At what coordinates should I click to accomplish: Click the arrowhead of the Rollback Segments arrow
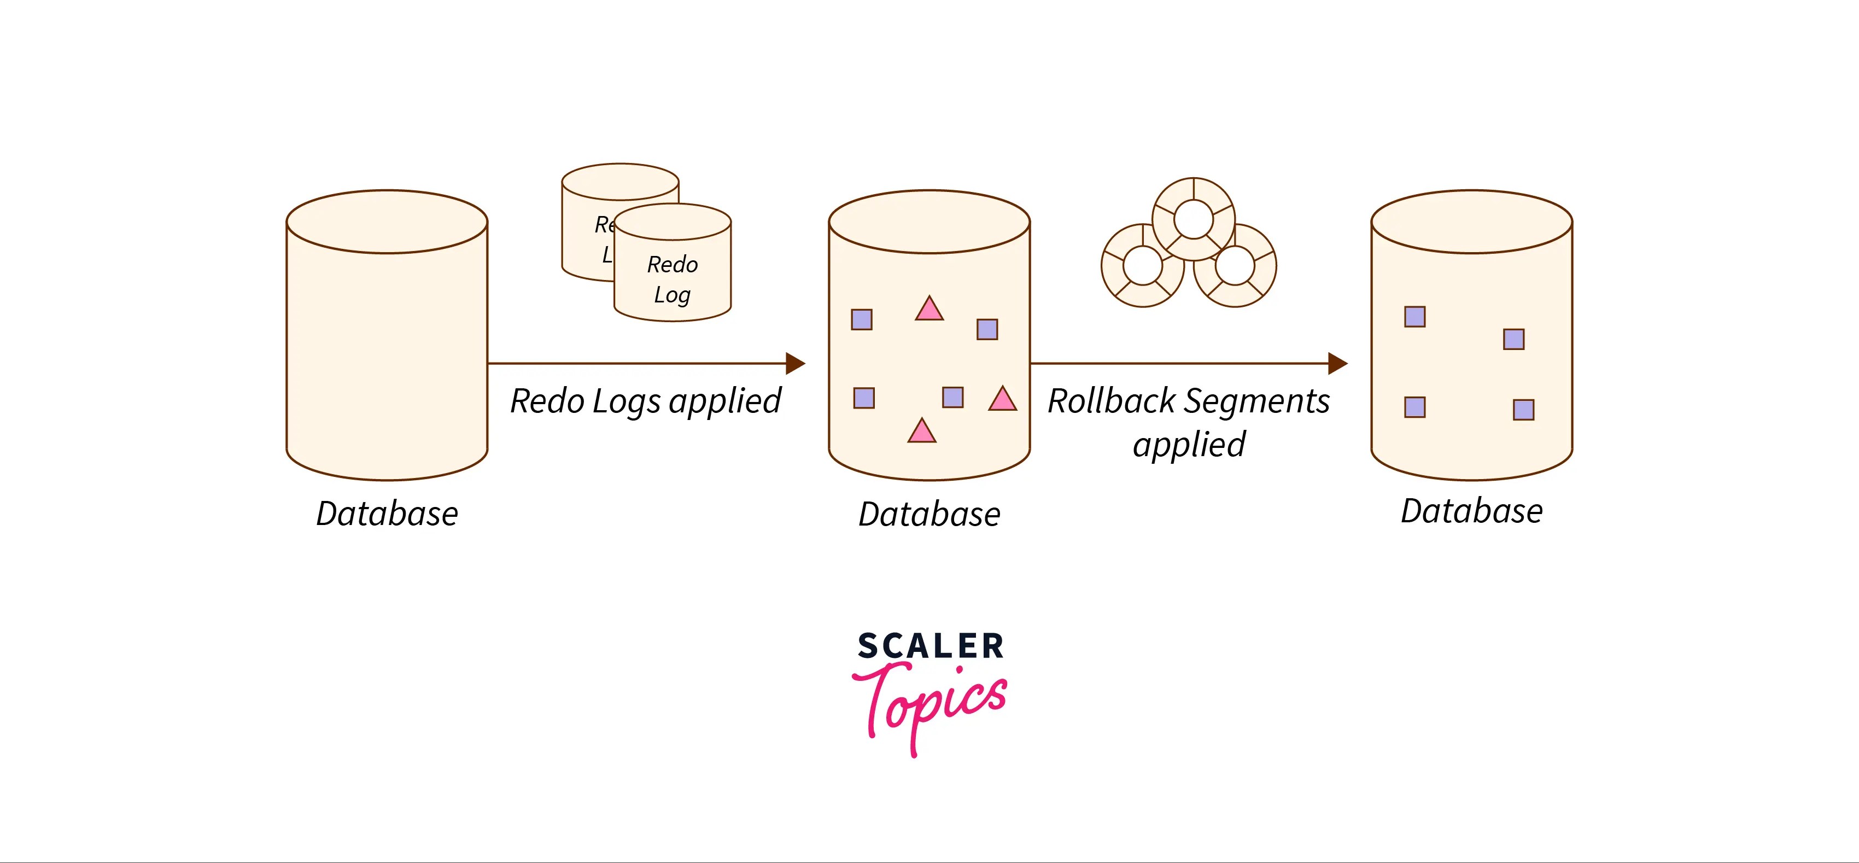pyautogui.click(x=1337, y=363)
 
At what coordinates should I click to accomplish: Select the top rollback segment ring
pyautogui.click(x=1194, y=219)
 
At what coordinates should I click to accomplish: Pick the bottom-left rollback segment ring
pyautogui.click(x=1142, y=266)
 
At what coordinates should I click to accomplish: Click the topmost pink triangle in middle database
pyautogui.click(x=929, y=310)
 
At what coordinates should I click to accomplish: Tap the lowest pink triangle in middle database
pyautogui.click(x=921, y=431)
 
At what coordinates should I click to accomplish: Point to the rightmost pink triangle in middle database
pyautogui.click(x=1002, y=399)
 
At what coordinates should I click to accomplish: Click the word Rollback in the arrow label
pyautogui.click(x=1112, y=401)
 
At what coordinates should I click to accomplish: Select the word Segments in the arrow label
pyautogui.click(x=1256, y=401)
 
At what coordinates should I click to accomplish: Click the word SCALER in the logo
pyautogui.click(x=930, y=646)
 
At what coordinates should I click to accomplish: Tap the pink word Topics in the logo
pyautogui.click(x=931, y=703)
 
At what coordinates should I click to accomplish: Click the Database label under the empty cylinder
pyautogui.click(x=387, y=514)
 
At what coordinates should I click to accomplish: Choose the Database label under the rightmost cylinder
pyautogui.click(x=1471, y=511)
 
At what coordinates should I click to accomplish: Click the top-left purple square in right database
pyautogui.click(x=1414, y=317)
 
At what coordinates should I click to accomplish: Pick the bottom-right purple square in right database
pyautogui.click(x=1523, y=410)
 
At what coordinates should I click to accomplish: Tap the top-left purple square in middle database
pyautogui.click(x=862, y=319)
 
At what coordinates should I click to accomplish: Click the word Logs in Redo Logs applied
pyautogui.click(x=627, y=402)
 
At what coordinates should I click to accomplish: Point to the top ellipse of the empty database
pyautogui.click(x=387, y=221)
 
